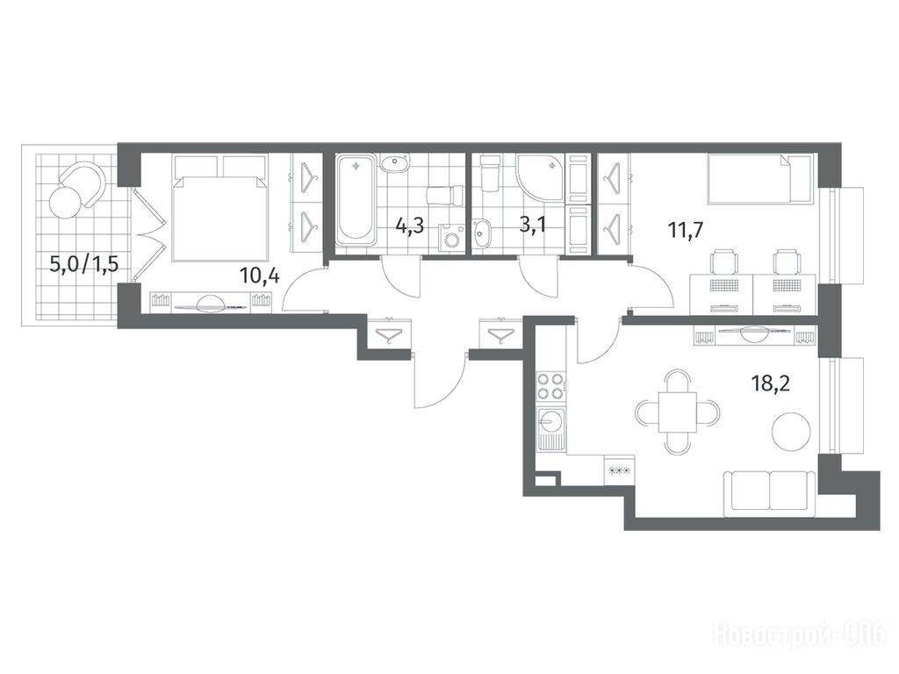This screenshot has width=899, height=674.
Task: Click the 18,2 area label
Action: (771, 383)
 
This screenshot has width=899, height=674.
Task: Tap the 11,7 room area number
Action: (686, 231)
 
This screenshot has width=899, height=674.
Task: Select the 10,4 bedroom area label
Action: (260, 276)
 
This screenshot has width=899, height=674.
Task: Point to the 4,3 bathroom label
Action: (410, 225)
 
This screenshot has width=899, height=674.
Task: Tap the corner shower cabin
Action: (540, 177)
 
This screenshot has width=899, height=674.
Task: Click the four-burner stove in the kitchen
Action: (551, 386)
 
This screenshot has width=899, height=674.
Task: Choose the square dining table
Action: (678, 412)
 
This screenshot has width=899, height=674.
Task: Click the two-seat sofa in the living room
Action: (769, 493)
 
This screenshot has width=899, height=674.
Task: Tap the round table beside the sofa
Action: (792, 432)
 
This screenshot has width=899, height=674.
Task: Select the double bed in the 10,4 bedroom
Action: (221, 208)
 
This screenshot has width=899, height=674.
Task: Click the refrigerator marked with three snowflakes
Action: (619, 471)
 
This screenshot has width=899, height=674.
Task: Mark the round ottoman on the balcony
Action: (67, 201)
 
